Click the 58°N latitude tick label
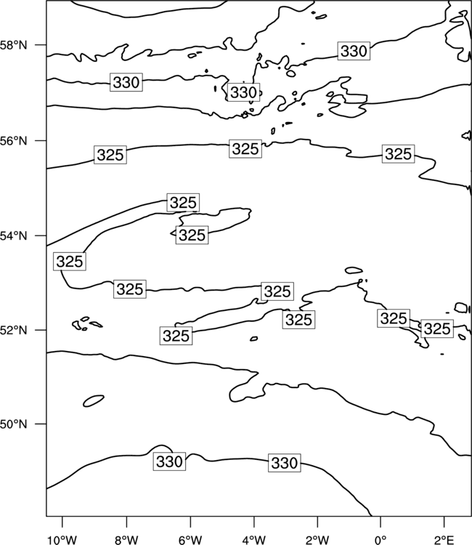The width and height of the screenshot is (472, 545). pyautogui.click(x=13, y=45)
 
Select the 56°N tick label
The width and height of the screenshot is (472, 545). pyautogui.click(x=13, y=141)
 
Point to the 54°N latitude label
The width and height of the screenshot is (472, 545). pyautogui.click(x=13, y=236)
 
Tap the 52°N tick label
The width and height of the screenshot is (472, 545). pyautogui.click(x=13, y=330)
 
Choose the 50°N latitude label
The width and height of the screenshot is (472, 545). pyautogui.click(x=13, y=424)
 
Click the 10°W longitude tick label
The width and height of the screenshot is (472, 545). pyautogui.click(x=62, y=540)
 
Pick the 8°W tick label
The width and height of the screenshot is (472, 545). pyautogui.click(x=126, y=540)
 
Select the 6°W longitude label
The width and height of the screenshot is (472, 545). pyautogui.click(x=190, y=540)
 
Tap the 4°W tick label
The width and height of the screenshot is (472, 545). pyautogui.click(x=254, y=540)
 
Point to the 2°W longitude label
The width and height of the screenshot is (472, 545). pyautogui.click(x=317, y=540)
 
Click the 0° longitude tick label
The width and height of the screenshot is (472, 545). pyautogui.click(x=381, y=540)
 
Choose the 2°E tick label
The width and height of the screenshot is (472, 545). pyautogui.click(x=444, y=540)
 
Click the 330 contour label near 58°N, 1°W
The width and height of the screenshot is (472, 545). pyautogui.click(x=354, y=51)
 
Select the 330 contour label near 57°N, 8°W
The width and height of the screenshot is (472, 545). pyautogui.click(x=126, y=82)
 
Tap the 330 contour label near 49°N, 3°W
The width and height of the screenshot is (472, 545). pyautogui.click(x=285, y=463)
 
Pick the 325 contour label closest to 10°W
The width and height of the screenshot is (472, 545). pyautogui.click(x=70, y=262)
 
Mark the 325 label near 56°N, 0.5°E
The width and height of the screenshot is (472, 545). pyautogui.click(x=399, y=154)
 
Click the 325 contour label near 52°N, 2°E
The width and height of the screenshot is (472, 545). pyautogui.click(x=437, y=328)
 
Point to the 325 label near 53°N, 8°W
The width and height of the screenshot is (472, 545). pyautogui.click(x=130, y=288)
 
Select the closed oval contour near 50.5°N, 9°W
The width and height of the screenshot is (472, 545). pyautogui.click(x=94, y=400)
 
